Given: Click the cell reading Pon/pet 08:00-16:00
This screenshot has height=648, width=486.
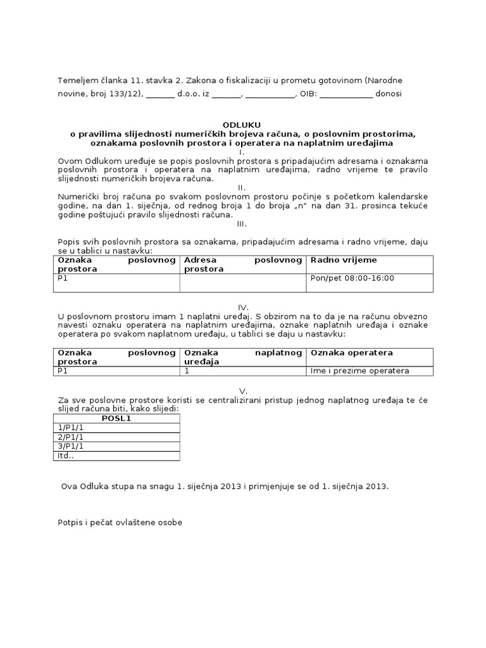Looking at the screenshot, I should pyautogui.click(x=352, y=278).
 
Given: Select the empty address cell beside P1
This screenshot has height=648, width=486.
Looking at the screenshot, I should pyautogui.click(x=243, y=282).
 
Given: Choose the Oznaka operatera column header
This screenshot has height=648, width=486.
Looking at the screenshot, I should pyautogui.click(x=351, y=352).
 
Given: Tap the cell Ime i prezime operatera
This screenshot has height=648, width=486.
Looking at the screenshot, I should pyautogui.click(x=359, y=371).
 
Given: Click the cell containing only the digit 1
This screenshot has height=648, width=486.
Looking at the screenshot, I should pyautogui.click(x=187, y=371).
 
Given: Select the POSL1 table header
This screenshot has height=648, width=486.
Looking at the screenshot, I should pyautogui.click(x=116, y=418).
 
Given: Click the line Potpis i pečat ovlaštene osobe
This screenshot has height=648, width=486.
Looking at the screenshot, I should pyautogui.click(x=119, y=523).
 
